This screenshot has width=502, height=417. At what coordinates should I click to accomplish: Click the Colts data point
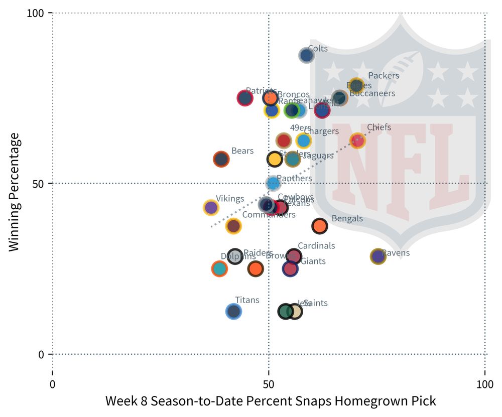tap(306, 55)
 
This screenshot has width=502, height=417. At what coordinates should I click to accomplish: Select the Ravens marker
tap(378, 256)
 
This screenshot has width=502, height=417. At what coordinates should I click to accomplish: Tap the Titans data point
tap(233, 312)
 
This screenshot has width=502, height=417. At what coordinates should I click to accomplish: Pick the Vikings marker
tap(211, 207)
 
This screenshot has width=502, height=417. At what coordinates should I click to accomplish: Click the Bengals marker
tap(320, 226)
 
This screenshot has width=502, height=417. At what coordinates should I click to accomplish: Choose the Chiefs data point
tap(357, 141)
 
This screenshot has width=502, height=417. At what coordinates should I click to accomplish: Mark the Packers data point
tap(356, 85)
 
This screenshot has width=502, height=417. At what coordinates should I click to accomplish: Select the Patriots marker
tap(244, 98)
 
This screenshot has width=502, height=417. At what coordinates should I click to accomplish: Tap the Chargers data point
tap(304, 141)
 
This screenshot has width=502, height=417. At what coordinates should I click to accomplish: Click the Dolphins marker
tap(219, 268)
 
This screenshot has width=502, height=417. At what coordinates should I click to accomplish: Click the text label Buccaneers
tap(372, 93)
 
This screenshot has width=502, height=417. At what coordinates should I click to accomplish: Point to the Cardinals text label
tap(316, 246)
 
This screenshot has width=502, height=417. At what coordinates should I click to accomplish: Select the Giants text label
tap(313, 261)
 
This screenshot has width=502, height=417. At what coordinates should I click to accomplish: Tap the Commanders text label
tap(269, 215)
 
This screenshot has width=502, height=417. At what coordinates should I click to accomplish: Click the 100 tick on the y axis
tap(38, 13)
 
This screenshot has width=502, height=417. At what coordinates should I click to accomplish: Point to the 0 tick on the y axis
tap(42, 354)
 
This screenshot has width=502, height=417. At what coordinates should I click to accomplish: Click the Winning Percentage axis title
tap(15, 192)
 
